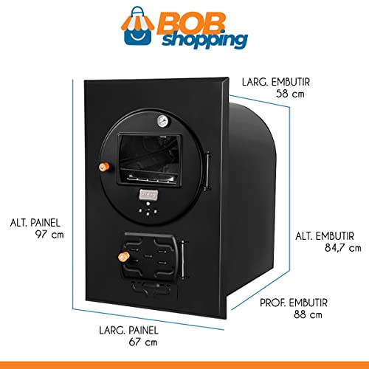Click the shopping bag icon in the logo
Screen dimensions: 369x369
click(137, 27)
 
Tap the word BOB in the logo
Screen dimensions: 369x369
click(190, 24)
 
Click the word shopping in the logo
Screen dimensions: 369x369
click(204, 40)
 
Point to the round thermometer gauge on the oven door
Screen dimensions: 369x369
click(163, 121)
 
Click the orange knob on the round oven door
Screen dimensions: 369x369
click(104, 167)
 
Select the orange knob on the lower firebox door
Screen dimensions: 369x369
click(123, 257)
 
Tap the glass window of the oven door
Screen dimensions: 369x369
click(149, 159)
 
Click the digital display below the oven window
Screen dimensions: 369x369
click(148, 195)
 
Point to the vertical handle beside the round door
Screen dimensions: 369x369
click(207, 170)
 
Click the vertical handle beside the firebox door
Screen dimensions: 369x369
click(183, 259)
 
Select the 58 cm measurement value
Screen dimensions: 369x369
click(290, 94)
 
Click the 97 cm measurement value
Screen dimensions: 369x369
click(49, 234)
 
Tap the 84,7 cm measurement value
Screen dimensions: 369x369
click(343, 247)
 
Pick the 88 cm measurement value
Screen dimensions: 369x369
click(308, 314)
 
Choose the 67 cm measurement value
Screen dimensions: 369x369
click(143, 342)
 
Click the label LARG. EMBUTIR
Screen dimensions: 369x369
click(276, 82)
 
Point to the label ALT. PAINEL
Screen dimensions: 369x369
click(35, 223)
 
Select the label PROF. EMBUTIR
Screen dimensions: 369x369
click(294, 303)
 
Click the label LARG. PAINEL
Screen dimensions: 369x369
click(128, 330)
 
